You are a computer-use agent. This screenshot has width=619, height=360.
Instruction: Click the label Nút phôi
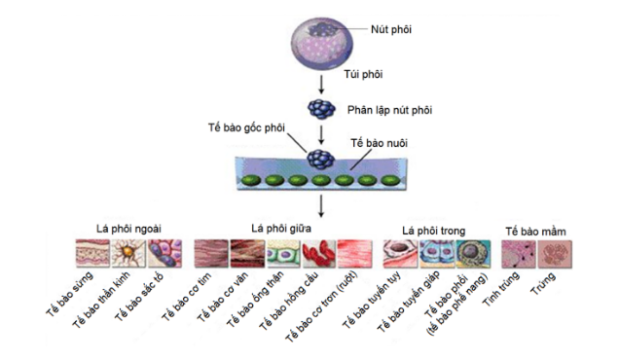coord(391,29)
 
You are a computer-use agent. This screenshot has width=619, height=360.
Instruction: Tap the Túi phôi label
coord(363,74)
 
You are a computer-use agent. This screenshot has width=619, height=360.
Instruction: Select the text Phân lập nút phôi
coord(389,110)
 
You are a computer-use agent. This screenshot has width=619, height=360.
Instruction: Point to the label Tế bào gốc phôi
coord(246,127)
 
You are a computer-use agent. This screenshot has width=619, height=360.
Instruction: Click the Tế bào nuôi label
coord(379,143)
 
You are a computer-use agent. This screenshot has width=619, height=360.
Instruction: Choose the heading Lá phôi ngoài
coord(128,229)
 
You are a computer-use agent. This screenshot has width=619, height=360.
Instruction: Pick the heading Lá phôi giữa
coord(281,228)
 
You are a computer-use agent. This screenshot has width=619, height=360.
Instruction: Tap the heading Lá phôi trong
coord(433,231)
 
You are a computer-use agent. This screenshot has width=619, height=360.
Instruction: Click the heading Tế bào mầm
coord(535,232)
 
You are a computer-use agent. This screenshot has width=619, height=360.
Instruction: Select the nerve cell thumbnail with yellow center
coord(127,253)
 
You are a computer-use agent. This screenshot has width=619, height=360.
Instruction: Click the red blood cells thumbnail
coord(318,253)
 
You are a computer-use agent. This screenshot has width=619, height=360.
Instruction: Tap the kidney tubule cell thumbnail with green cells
coord(283,253)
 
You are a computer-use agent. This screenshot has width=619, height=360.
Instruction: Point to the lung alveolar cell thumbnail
coord(473,254)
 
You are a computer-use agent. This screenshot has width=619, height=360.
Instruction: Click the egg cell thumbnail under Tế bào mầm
coord(555,255)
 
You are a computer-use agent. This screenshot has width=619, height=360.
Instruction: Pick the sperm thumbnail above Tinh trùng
coord(519,255)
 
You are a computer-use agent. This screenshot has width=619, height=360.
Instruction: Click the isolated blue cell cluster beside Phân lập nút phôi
coord(321,109)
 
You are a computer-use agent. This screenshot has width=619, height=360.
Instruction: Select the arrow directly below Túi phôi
coord(321,84)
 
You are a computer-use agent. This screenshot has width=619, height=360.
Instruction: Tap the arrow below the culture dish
coord(321,205)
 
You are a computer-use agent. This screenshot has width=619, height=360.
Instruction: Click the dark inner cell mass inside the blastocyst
coord(323,29)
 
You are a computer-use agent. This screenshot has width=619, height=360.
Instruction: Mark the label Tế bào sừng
coord(69,294)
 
